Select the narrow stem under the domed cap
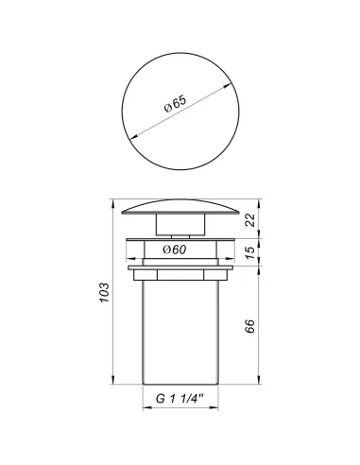coord(180,228)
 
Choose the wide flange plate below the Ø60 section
coord(180,271)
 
